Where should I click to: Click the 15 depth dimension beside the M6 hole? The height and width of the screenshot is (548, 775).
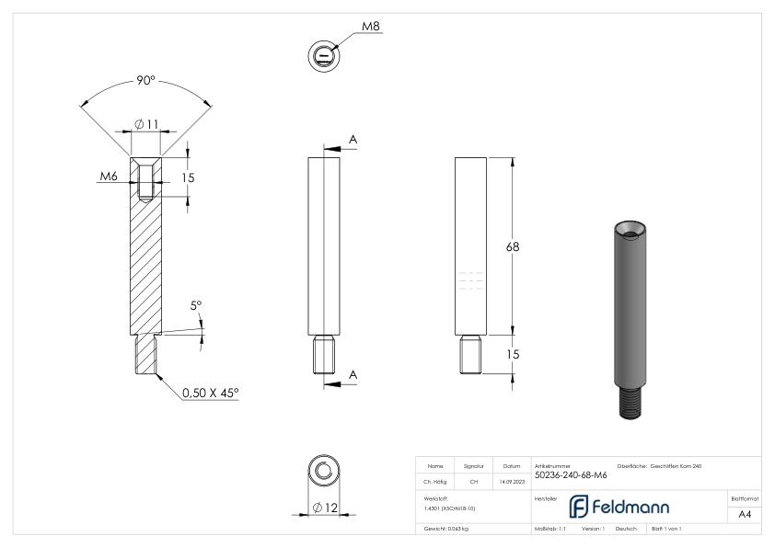(188, 177)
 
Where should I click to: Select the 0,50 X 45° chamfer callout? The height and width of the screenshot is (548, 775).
(209, 393)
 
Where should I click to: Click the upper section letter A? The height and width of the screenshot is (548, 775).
(353, 139)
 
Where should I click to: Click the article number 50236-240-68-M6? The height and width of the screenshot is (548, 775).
(570, 475)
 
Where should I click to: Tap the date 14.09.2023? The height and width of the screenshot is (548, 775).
(512, 481)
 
